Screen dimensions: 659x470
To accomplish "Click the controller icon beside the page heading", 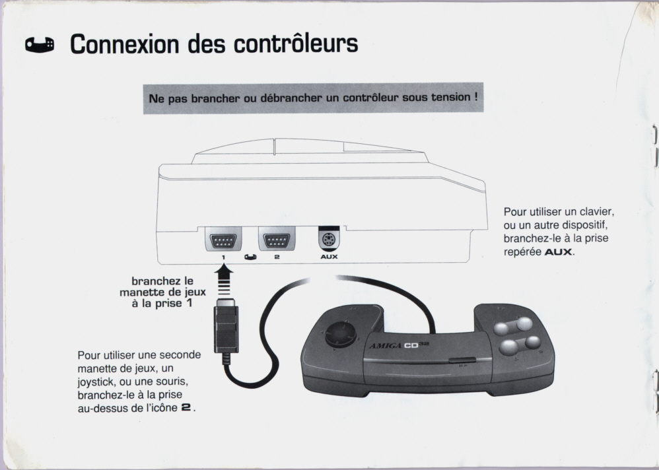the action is (x=40, y=45).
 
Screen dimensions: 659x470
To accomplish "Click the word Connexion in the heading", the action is (x=124, y=44).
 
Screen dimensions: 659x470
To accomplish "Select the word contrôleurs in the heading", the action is (x=296, y=43).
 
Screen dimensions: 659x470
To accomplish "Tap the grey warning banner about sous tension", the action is (x=313, y=98).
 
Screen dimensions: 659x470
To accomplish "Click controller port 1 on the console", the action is (x=223, y=241).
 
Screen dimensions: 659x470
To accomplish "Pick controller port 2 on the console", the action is (x=277, y=241).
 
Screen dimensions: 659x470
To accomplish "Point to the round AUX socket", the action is (x=329, y=240).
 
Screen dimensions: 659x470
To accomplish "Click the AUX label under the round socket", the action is (x=329, y=257).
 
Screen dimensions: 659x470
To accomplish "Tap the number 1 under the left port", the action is (x=224, y=257).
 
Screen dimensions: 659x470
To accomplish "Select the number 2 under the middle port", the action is (x=277, y=257).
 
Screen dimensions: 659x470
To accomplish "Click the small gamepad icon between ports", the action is (x=250, y=257).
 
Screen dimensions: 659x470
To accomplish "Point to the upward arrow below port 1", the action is (x=224, y=280).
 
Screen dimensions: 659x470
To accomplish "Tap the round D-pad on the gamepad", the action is (x=341, y=334).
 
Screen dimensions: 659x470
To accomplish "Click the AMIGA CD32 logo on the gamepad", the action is (x=399, y=346).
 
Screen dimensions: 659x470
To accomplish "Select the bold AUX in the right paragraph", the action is (x=558, y=252).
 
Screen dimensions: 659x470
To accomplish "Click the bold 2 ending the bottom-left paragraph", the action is (x=186, y=407).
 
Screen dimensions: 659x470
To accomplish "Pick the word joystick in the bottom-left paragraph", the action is (x=97, y=382).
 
